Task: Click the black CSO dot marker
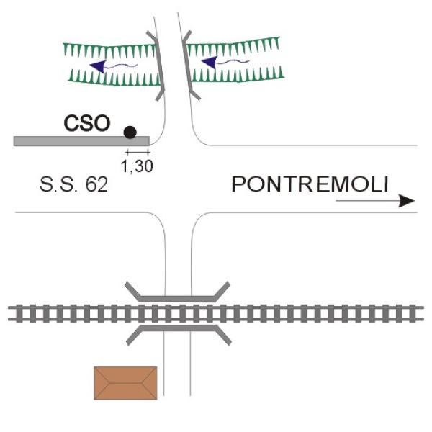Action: tap(130, 132)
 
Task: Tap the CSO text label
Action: tap(87, 124)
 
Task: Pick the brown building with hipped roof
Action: tap(125, 382)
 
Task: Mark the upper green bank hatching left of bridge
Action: tap(108, 49)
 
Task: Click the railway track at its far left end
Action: tap(13, 313)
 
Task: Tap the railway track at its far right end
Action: tap(418, 313)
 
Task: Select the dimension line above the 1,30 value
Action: tap(138, 153)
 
